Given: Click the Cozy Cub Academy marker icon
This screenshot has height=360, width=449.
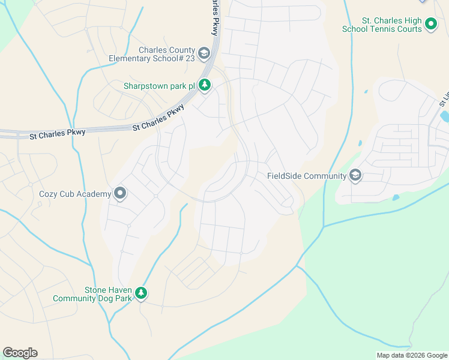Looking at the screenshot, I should [x=120, y=193].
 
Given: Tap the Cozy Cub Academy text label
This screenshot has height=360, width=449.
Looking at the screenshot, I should [x=75, y=194].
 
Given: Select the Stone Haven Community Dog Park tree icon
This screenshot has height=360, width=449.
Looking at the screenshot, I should [x=141, y=293].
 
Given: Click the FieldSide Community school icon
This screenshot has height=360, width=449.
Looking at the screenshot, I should [x=355, y=175].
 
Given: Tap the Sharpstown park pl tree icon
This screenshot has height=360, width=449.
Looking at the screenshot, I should [x=205, y=86].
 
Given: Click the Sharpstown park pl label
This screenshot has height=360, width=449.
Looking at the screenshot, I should [x=159, y=86].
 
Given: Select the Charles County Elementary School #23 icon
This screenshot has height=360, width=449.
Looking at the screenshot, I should [x=204, y=54].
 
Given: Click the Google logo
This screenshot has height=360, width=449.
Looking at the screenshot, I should [x=20, y=353].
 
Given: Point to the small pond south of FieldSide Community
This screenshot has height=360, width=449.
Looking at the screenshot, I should [x=396, y=197].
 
